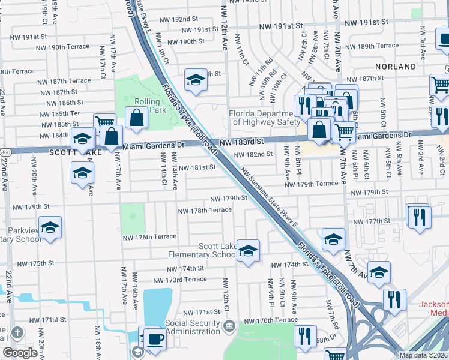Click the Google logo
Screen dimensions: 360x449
(x=20, y=353)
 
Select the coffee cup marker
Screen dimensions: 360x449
(x=155, y=338)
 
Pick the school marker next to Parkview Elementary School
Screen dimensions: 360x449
(x=50, y=227)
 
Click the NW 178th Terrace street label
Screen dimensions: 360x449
(x=205, y=210)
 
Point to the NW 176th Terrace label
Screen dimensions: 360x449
(x=149, y=237)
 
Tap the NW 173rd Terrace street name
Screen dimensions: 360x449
(x=180, y=280)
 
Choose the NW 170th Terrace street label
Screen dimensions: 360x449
(x=270, y=320)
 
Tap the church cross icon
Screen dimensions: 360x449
(x=17, y=333)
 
